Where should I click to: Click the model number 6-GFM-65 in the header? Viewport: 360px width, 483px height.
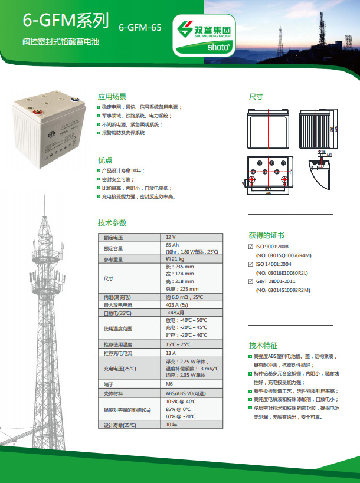coord(140,27)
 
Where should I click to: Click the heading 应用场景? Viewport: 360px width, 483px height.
coord(112,96)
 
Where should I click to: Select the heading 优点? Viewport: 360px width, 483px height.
coord(105,160)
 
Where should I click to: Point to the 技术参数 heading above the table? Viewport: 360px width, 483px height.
coord(112,223)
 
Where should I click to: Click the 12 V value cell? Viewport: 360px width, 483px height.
coord(171,237)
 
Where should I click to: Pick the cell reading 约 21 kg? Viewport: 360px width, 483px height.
coord(176,259)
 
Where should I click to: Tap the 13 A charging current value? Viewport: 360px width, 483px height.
coord(171,353)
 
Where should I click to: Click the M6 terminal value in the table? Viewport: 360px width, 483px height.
coord(170,383)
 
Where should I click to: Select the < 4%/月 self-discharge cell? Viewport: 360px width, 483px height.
coord(178,313)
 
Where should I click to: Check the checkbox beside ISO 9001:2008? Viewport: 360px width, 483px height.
coord(251,247)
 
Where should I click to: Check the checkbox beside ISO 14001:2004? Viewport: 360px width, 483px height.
coord(251,264)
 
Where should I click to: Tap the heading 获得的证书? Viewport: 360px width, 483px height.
coord(266,235)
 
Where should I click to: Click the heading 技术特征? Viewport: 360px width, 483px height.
coord(263,346)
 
